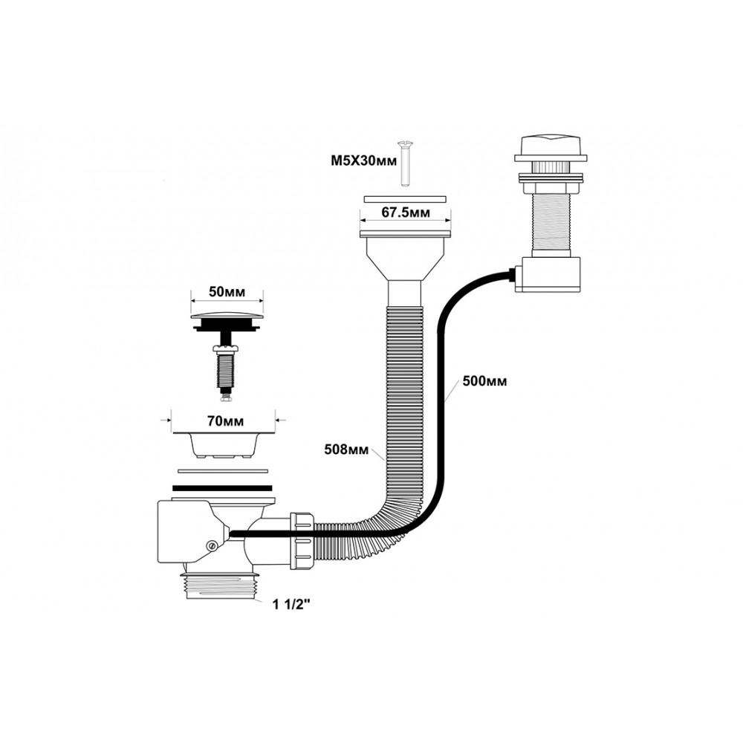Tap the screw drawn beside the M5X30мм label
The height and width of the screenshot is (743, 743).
pos(406,163)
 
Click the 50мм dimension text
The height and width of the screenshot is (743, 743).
pos(227,292)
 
